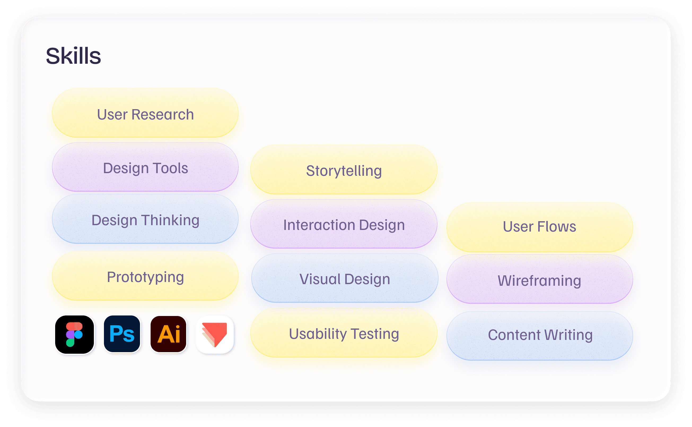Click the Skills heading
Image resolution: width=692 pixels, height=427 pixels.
(73, 56)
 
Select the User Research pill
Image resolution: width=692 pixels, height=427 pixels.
(145, 113)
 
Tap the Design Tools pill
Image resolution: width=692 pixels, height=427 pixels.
(145, 168)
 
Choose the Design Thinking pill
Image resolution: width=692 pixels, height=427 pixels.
(145, 219)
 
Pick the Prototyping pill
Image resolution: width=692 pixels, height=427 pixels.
(145, 276)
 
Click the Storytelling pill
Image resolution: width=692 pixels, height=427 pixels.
(344, 170)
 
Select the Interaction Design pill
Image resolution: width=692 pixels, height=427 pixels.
(344, 224)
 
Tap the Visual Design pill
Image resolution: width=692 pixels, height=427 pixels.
(345, 279)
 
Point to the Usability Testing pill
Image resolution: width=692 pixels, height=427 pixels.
(344, 333)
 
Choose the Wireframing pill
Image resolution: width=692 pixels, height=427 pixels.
(540, 280)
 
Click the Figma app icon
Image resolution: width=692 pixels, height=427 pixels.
(75, 334)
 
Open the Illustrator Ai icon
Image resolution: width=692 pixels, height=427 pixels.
(169, 334)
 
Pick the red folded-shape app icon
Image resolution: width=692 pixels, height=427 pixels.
(215, 334)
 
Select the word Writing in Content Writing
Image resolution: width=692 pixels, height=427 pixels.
(568, 335)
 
